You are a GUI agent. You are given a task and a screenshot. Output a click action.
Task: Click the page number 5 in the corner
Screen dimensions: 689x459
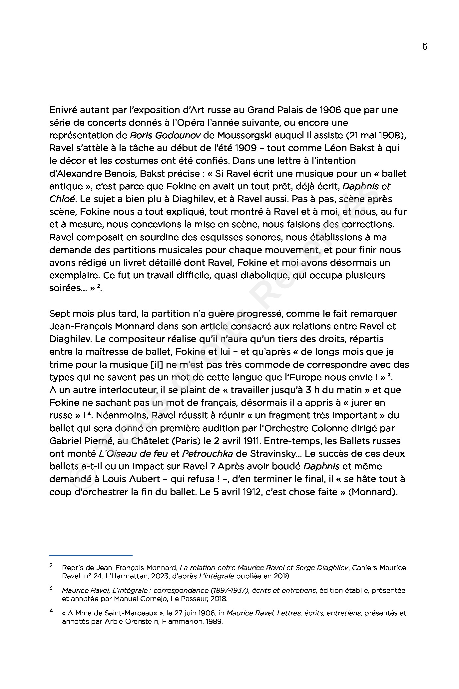425,47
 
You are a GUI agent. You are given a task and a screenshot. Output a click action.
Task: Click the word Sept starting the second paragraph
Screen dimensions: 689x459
59,314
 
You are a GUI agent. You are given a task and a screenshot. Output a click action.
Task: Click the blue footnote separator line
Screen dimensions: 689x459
91,555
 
